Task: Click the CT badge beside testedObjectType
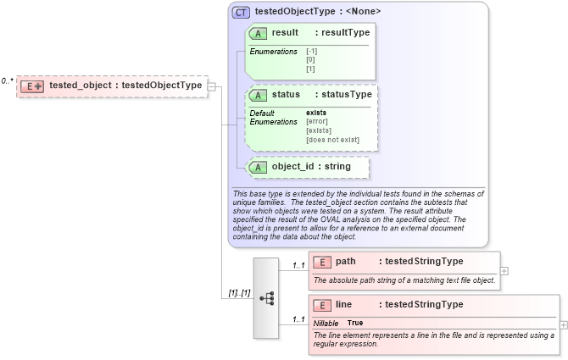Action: (x=242, y=13)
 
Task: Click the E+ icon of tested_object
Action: (x=33, y=86)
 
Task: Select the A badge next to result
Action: (x=259, y=33)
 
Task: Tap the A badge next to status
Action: (x=259, y=95)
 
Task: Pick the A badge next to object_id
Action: (x=259, y=167)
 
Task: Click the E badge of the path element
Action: (x=322, y=262)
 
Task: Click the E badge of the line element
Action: (x=322, y=305)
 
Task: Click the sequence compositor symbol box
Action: (x=266, y=298)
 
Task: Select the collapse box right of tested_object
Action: (x=212, y=86)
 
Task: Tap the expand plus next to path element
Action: (x=504, y=271)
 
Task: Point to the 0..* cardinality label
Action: (x=7, y=81)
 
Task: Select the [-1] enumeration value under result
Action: (x=312, y=52)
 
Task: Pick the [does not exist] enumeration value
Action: (x=332, y=140)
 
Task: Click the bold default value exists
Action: (x=316, y=113)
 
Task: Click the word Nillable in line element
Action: (x=326, y=324)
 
